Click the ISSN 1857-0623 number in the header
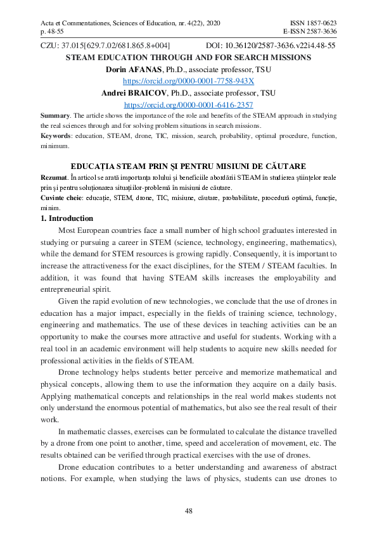pyautogui.click(x=314, y=23)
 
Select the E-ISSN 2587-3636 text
pyautogui.click(x=310, y=32)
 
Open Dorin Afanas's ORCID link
pyautogui.click(x=188, y=81)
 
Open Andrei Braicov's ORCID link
pyautogui.click(x=188, y=104)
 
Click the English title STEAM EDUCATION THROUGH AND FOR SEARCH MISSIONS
pyautogui.click(x=188, y=58)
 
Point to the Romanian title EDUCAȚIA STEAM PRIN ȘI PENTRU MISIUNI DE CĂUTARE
pyautogui.click(x=188, y=165)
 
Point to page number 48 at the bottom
pyautogui.click(x=188, y=511)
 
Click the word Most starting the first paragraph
pyautogui.click(x=67, y=232)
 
